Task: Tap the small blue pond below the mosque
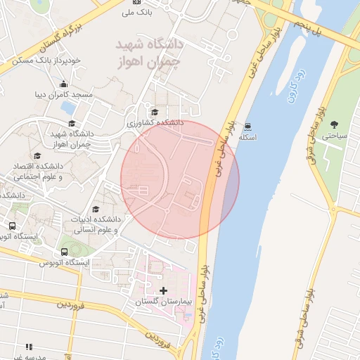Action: click(x=68, y=108)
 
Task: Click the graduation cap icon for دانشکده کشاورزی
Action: click(x=155, y=112)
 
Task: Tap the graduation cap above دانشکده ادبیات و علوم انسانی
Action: click(x=96, y=209)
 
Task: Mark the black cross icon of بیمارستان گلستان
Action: click(x=164, y=290)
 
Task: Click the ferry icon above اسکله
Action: click(x=248, y=127)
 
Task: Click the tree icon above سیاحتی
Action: click(x=334, y=124)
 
